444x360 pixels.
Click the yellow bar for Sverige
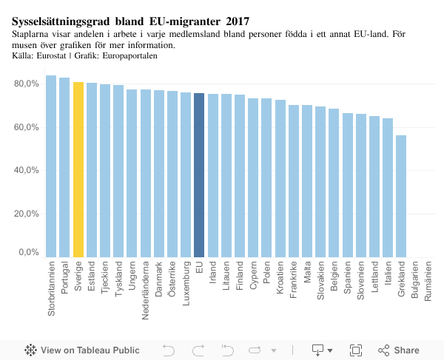click(78, 170)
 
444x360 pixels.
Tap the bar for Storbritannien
click(51, 166)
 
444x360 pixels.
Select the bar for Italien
click(388, 188)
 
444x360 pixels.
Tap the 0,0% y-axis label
click(29, 253)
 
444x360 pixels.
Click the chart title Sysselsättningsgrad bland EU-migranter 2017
click(130, 21)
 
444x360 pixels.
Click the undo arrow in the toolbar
click(169, 350)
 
